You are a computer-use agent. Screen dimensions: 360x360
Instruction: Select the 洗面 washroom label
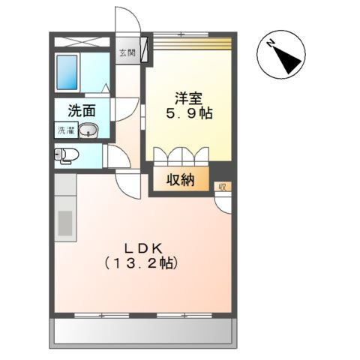click(x=82, y=111)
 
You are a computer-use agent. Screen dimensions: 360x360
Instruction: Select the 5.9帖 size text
click(x=189, y=114)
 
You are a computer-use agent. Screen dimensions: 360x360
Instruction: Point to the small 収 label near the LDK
click(x=222, y=186)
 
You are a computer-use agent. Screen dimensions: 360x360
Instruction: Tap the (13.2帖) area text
click(x=142, y=264)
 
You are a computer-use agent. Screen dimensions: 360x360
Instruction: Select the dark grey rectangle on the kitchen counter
click(x=65, y=223)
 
